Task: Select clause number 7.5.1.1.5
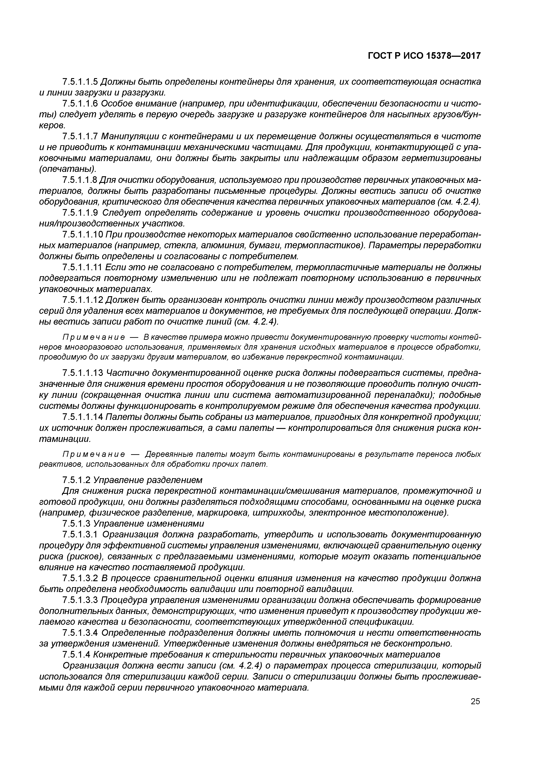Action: (80, 82)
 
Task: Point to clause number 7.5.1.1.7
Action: (80, 136)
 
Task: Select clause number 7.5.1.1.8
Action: (80, 180)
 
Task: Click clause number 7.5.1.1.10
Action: (82, 234)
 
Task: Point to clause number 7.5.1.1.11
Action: (82, 267)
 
